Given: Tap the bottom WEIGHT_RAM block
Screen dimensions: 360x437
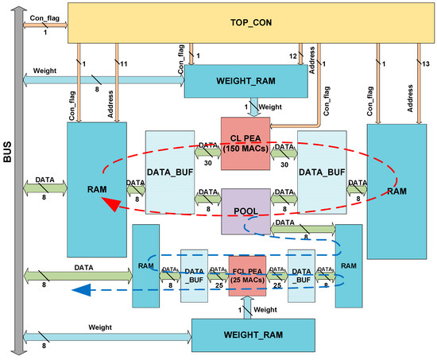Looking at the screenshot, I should [239, 333].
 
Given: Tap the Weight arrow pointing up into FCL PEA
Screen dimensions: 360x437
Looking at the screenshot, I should [245, 307].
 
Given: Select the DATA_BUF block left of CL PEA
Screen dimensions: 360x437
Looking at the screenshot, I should [169, 172].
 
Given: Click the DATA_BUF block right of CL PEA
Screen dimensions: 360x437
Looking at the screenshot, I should [322, 172].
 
